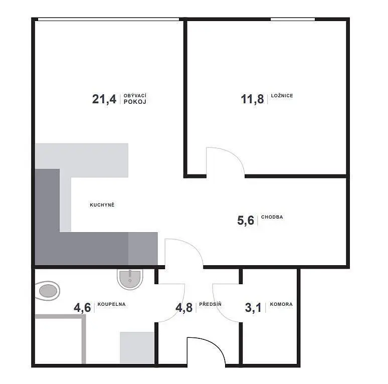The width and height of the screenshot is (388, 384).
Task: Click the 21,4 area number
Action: [104, 99]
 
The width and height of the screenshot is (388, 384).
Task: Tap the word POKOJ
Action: [135, 102]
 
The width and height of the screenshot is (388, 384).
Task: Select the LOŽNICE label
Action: [282, 96]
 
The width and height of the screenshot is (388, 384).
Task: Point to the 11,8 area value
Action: [252, 99]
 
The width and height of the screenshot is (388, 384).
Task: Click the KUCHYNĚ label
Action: [102, 205]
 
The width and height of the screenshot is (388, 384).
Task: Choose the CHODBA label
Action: [272, 217]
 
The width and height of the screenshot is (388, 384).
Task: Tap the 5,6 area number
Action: [246, 221]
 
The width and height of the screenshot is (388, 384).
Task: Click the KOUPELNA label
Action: [111, 304]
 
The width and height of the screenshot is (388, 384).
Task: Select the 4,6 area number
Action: [82, 307]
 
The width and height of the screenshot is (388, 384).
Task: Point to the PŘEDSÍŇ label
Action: [210, 304]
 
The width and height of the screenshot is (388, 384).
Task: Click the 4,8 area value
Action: [184, 307]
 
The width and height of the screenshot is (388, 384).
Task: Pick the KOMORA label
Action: [281, 304]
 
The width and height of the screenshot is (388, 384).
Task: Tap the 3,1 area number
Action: [253, 307]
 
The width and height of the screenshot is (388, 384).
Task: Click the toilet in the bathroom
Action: [47, 291]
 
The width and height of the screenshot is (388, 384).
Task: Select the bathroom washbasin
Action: [130, 279]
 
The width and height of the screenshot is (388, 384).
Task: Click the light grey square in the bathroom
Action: [137, 347]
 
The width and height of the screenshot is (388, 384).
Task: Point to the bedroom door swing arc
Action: [233, 154]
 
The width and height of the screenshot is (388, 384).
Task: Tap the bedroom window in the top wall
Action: [293, 19]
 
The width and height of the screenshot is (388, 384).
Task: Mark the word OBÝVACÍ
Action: [135, 96]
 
